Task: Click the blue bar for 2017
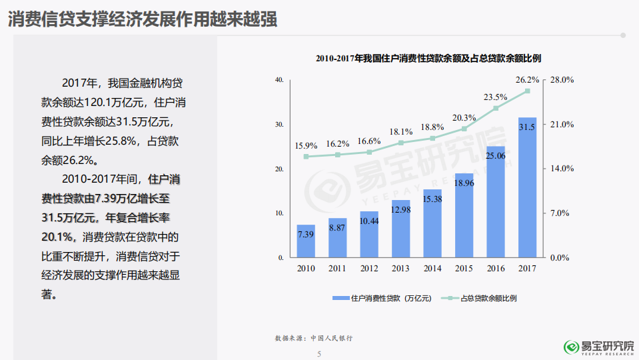pos(527,187)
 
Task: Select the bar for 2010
pos(306,241)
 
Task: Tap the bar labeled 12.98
pos(400,229)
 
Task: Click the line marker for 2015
pos(464,129)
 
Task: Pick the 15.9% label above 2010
pos(306,145)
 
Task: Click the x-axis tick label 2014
pos(432,268)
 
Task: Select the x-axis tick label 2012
pos(369,268)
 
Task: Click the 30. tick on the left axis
pos(280,125)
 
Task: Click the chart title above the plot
pos(428,59)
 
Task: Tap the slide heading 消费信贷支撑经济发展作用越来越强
pos(143,19)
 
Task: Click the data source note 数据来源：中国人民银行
pos(313,338)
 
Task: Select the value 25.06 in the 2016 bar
pos(496,156)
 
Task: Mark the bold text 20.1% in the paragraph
pos(57,237)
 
